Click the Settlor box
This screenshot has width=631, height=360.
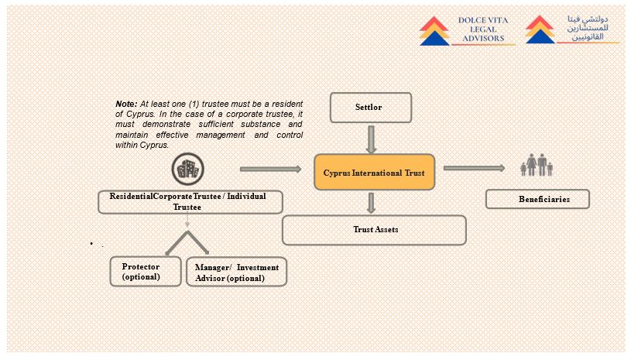coord(371,108)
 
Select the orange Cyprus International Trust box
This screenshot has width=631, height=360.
coord(374,172)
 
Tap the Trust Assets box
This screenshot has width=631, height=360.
coord(374,230)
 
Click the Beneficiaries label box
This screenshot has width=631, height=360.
coord(537,199)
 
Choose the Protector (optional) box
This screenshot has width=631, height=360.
coord(146,271)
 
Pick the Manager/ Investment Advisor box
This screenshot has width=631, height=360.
coord(236,272)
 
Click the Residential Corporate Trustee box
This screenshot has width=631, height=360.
coord(190,201)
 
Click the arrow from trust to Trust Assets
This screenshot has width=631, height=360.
coord(372,203)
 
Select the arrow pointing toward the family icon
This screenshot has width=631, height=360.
coord(472,168)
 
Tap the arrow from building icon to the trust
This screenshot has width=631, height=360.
coord(270,169)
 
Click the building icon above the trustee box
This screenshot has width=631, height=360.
coord(187,170)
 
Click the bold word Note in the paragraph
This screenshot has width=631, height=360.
coord(125,104)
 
